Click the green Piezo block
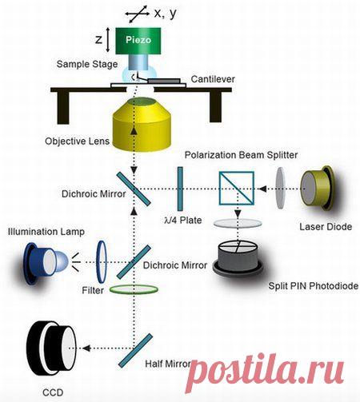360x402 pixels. click(138, 41)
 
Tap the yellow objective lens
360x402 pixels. click(142, 125)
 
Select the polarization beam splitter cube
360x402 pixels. click(236, 189)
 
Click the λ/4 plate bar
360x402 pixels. click(180, 189)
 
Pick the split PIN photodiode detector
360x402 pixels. click(238, 258)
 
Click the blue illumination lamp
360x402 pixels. click(46, 263)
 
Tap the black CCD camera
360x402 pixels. click(51, 348)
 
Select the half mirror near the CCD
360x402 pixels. click(135, 351)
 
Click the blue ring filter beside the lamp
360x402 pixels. click(102, 262)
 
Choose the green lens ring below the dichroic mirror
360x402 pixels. click(134, 289)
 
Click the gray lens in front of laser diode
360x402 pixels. click(281, 188)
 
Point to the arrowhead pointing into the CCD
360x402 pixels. click(86, 348)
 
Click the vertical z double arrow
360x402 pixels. click(107, 40)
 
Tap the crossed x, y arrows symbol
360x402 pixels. click(137, 14)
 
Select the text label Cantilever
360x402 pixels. click(213, 79)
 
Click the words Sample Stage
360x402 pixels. click(87, 64)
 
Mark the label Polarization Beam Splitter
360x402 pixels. click(241, 155)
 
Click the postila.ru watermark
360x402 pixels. click(265, 371)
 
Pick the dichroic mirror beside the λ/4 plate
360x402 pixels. click(134, 189)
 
